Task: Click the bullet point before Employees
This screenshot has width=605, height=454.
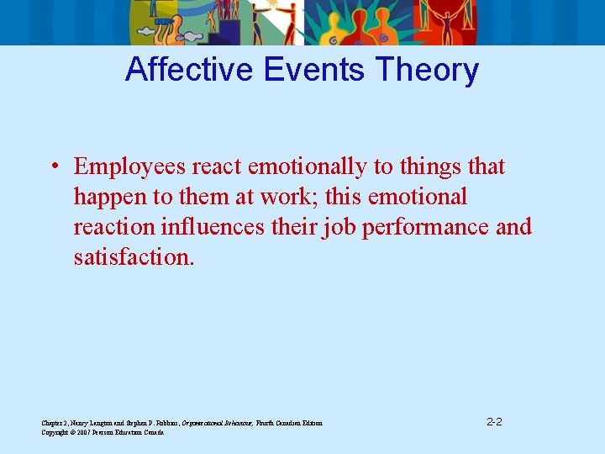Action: point(54,167)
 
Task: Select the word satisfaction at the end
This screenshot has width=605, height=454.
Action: point(134,257)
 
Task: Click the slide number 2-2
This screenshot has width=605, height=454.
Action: point(494,421)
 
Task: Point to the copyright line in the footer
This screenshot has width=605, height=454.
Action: point(103,432)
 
